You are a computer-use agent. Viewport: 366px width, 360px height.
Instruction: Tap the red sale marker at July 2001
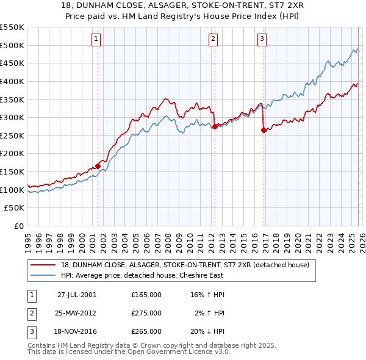click(x=98, y=166)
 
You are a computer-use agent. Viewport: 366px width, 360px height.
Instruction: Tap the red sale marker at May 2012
click(x=215, y=126)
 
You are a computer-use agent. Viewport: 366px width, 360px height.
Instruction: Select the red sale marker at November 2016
click(x=264, y=130)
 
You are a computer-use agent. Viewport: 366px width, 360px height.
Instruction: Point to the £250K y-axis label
click(x=12, y=136)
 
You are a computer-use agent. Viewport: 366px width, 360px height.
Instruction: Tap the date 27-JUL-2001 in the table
click(x=77, y=294)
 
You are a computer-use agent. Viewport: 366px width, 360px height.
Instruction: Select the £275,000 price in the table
click(x=146, y=313)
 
